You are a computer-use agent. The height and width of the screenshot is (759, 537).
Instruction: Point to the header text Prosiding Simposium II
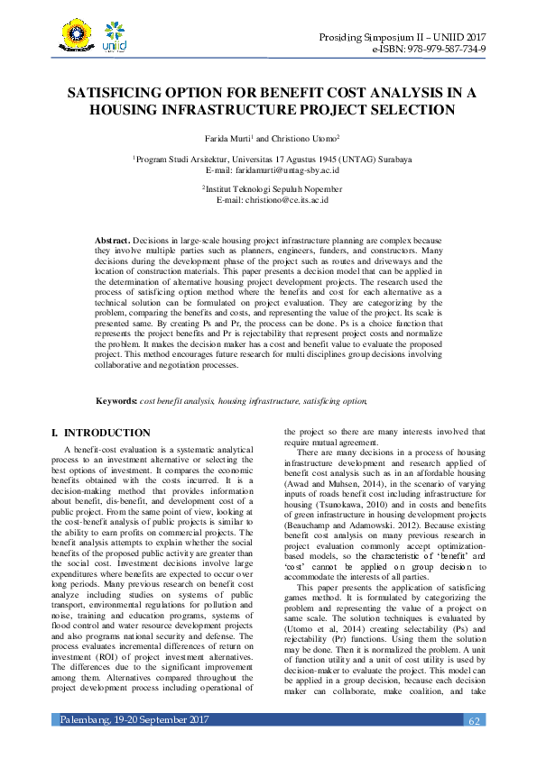(x=376, y=35)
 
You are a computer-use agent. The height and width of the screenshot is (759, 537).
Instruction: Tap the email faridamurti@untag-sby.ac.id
(x=286, y=169)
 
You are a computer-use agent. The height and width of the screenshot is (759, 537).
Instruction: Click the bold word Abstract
(x=113, y=242)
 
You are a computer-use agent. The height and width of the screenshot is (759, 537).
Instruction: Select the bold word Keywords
(x=116, y=399)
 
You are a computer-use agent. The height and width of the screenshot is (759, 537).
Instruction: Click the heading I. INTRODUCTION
(x=101, y=434)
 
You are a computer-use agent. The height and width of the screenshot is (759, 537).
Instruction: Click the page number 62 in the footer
(x=475, y=745)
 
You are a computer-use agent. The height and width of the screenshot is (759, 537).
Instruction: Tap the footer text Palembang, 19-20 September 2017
(x=134, y=745)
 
